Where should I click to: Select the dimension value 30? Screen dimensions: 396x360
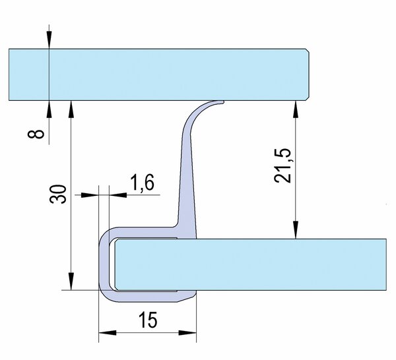(58, 194)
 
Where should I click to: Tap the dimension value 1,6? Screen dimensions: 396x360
(142, 183)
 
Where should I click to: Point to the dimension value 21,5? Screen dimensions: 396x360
(282, 165)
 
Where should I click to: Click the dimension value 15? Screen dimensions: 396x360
(148, 320)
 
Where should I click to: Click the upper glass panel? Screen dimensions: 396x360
(159, 75)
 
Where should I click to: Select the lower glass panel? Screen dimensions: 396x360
(251, 264)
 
